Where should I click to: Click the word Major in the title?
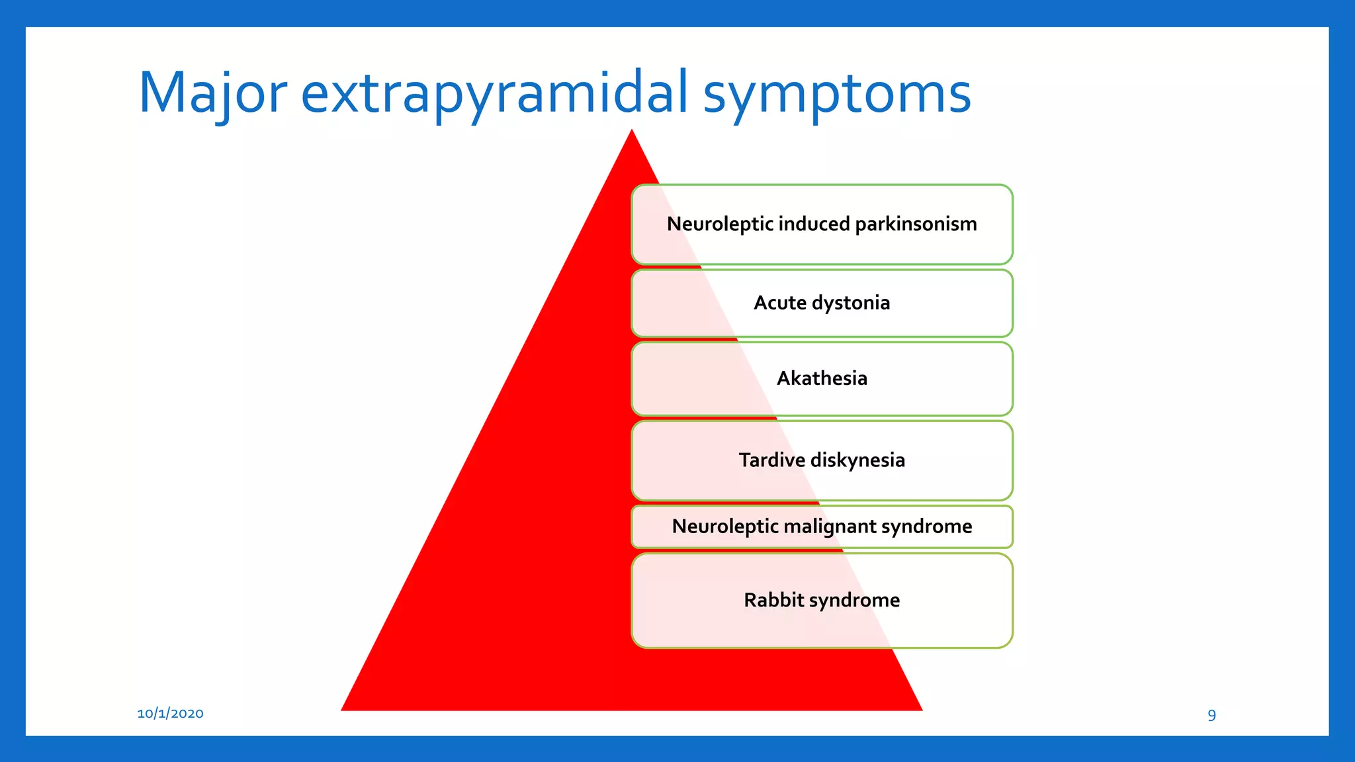pyautogui.click(x=212, y=93)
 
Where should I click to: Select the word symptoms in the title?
pyautogui.click(x=836, y=93)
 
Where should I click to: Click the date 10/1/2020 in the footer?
pyautogui.click(x=170, y=713)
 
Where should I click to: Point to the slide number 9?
pyautogui.click(x=1211, y=715)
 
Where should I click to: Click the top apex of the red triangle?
pyautogui.click(x=632, y=132)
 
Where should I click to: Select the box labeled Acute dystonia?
pyautogui.click(x=822, y=304)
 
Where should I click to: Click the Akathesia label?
pyautogui.click(x=822, y=378)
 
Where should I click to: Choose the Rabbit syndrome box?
pyautogui.click(x=822, y=601)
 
